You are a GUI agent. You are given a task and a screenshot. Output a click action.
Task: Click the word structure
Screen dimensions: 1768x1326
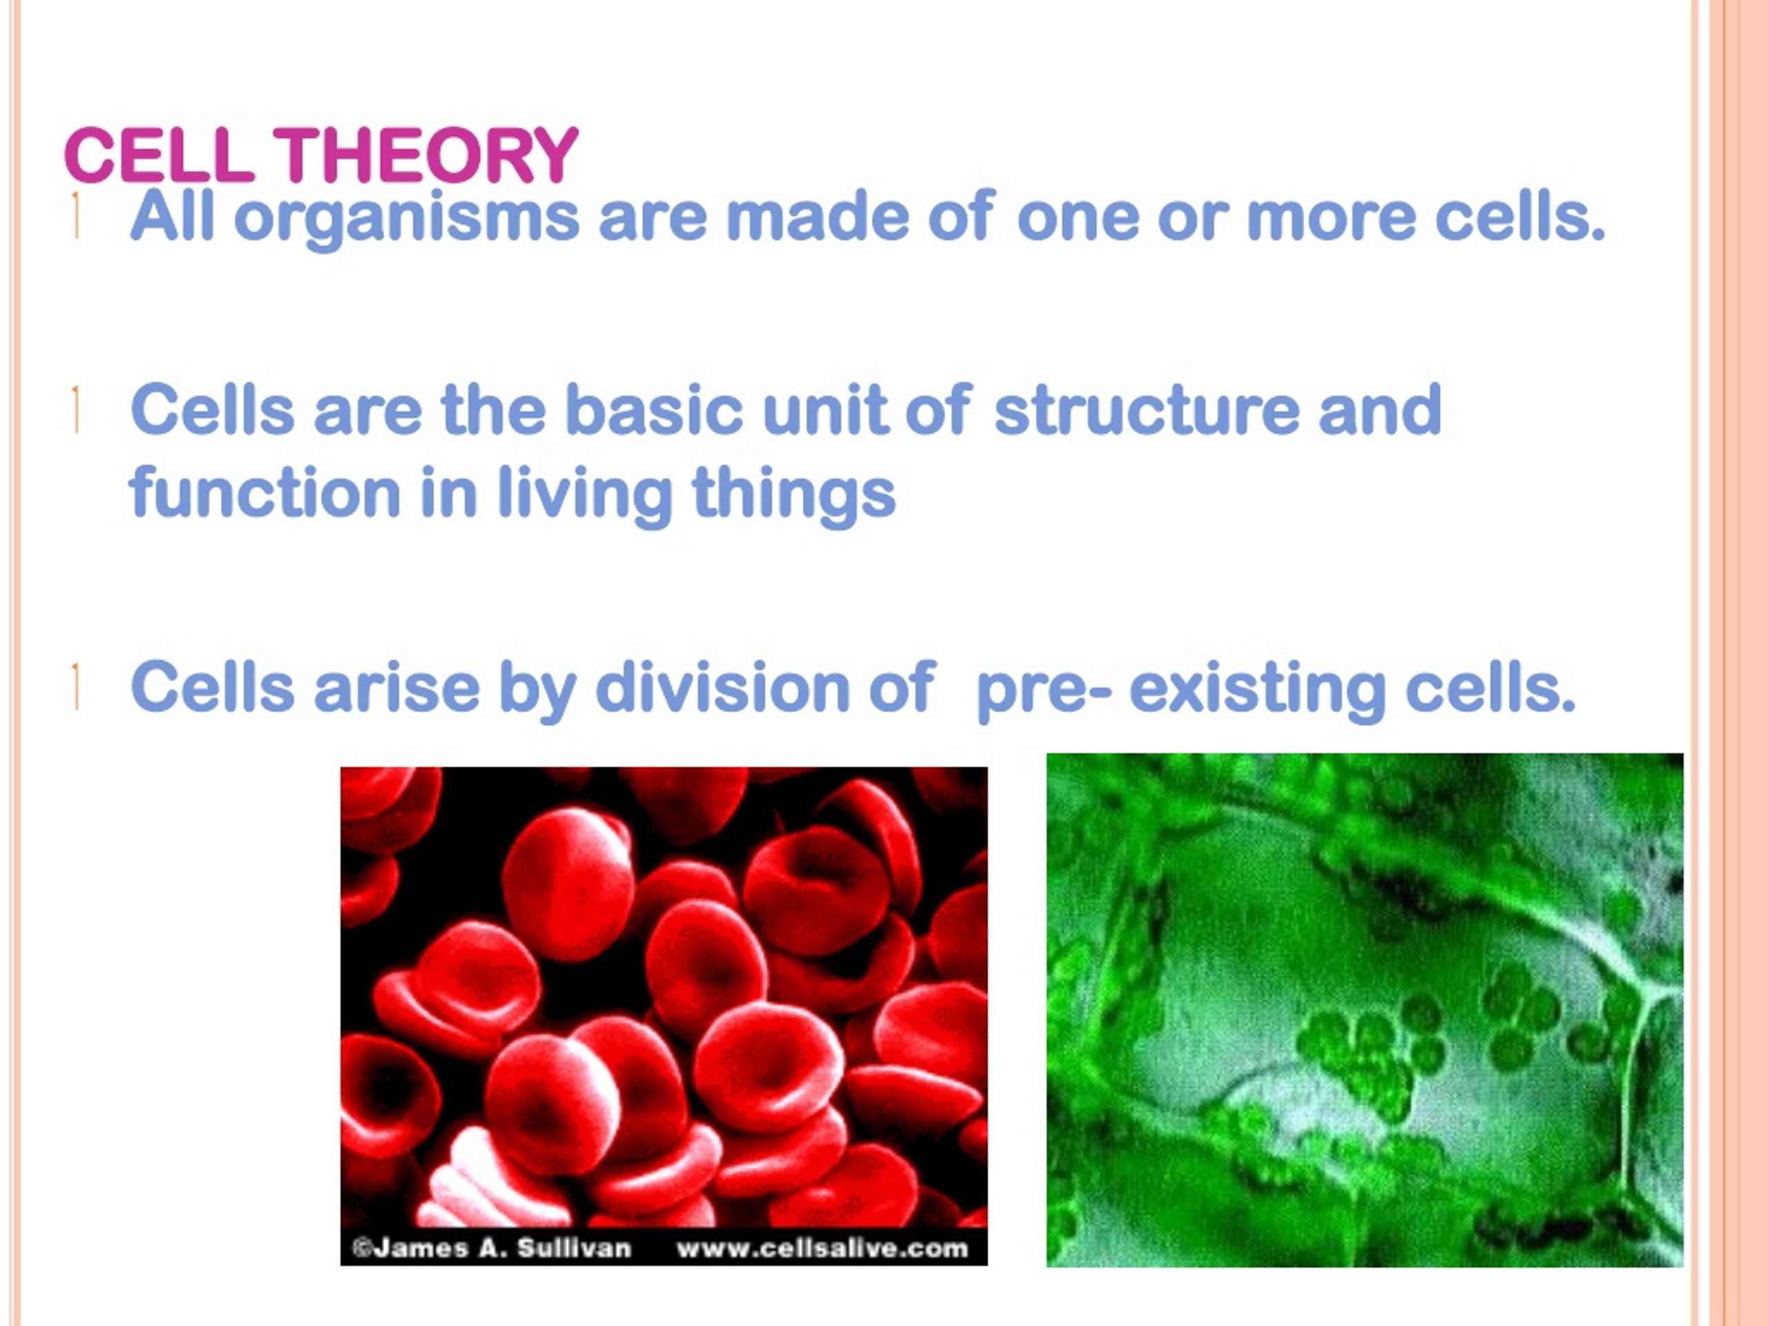(x=1146, y=410)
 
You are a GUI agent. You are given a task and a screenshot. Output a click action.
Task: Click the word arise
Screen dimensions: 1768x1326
(x=396, y=686)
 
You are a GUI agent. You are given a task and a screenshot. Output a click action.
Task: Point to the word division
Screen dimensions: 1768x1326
(x=722, y=686)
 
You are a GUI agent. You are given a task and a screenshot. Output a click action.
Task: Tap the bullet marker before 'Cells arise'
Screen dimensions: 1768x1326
(x=75, y=686)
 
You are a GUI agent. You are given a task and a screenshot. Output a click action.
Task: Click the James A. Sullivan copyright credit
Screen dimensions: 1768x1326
(x=492, y=1248)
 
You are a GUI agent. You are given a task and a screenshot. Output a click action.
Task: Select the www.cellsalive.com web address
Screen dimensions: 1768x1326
(x=823, y=1248)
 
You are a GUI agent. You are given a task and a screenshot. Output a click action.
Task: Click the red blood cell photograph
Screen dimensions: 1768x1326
(x=664, y=1016)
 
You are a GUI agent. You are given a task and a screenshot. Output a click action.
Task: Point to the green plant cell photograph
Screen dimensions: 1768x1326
(x=1365, y=1010)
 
